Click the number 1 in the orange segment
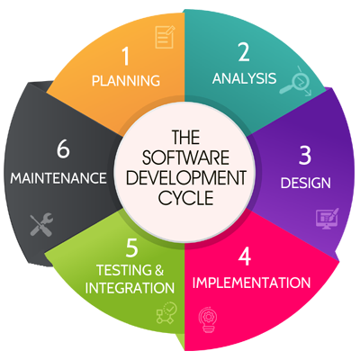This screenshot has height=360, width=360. pyautogui.click(x=126, y=57)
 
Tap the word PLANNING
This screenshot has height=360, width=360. pyautogui.click(x=126, y=81)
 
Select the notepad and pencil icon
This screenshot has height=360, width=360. pyautogui.click(x=165, y=37)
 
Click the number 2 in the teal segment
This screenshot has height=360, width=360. pyautogui.click(x=244, y=52)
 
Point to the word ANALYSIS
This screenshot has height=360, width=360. pyautogui.click(x=244, y=78)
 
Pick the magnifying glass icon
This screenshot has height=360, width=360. pyautogui.click(x=295, y=81)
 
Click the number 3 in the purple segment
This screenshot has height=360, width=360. pyautogui.click(x=305, y=156)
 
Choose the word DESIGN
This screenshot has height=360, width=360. pyautogui.click(x=305, y=183)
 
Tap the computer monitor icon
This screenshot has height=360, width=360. pyautogui.click(x=328, y=219)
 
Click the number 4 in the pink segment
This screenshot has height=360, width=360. pyautogui.click(x=245, y=256)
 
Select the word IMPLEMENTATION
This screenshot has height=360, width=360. pyautogui.click(x=251, y=283)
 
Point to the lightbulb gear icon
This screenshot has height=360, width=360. pyautogui.click(x=207, y=319)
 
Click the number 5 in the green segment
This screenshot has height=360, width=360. pyautogui.click(x=132, y=247)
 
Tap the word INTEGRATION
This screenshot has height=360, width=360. pyautogui.click(x=130, y=288)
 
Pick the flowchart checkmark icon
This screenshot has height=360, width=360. pyautogui.click(x=166, y=313)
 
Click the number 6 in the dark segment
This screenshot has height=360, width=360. pyautogui.click(x=63, y=149)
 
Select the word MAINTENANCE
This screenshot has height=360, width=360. pyautogui.click(x=58, y=178)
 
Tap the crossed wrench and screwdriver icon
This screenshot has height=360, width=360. pyautogui.click(x=41, y=224)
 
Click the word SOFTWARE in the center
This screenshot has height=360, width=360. pyautogui.click(x=185, y=157)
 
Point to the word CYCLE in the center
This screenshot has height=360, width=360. pyautogui.click(x=186, y=198)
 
